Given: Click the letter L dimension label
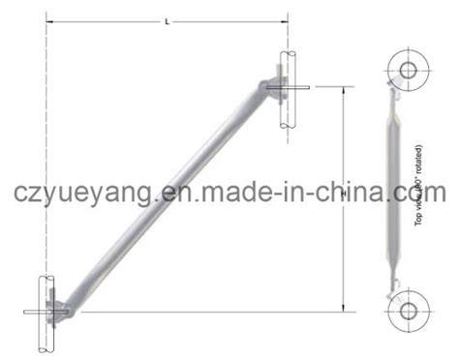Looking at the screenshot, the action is click(167, 19).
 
